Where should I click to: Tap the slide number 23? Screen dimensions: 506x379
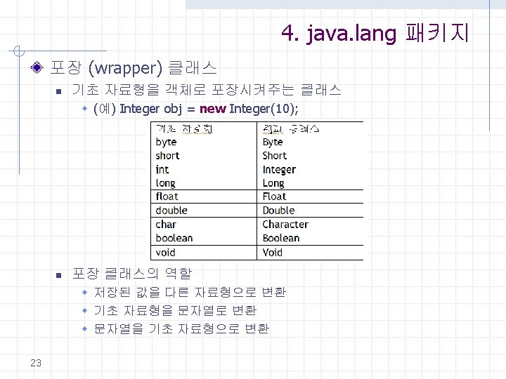[37, 362]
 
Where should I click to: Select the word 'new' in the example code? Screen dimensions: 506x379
[213, 109]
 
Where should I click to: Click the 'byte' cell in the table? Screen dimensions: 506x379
[167, 142]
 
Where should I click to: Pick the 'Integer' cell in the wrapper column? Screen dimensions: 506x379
[279, 169]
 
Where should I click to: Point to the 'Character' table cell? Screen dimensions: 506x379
[285, 225]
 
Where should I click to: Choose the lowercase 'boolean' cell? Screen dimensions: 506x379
[174, 238]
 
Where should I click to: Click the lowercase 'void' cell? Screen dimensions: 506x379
[166, 252]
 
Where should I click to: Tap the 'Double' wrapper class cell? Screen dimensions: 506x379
[278, 211]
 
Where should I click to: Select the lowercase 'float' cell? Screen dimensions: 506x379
[167, 197]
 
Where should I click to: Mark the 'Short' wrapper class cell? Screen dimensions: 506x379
[275, 156]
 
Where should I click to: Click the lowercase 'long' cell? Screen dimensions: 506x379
[166, 183]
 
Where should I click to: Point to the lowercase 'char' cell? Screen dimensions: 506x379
[166, 225]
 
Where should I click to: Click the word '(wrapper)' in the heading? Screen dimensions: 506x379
[127, 69]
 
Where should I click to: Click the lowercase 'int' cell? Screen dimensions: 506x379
[162, 169]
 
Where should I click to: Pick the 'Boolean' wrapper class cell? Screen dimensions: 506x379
[281, 238]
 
